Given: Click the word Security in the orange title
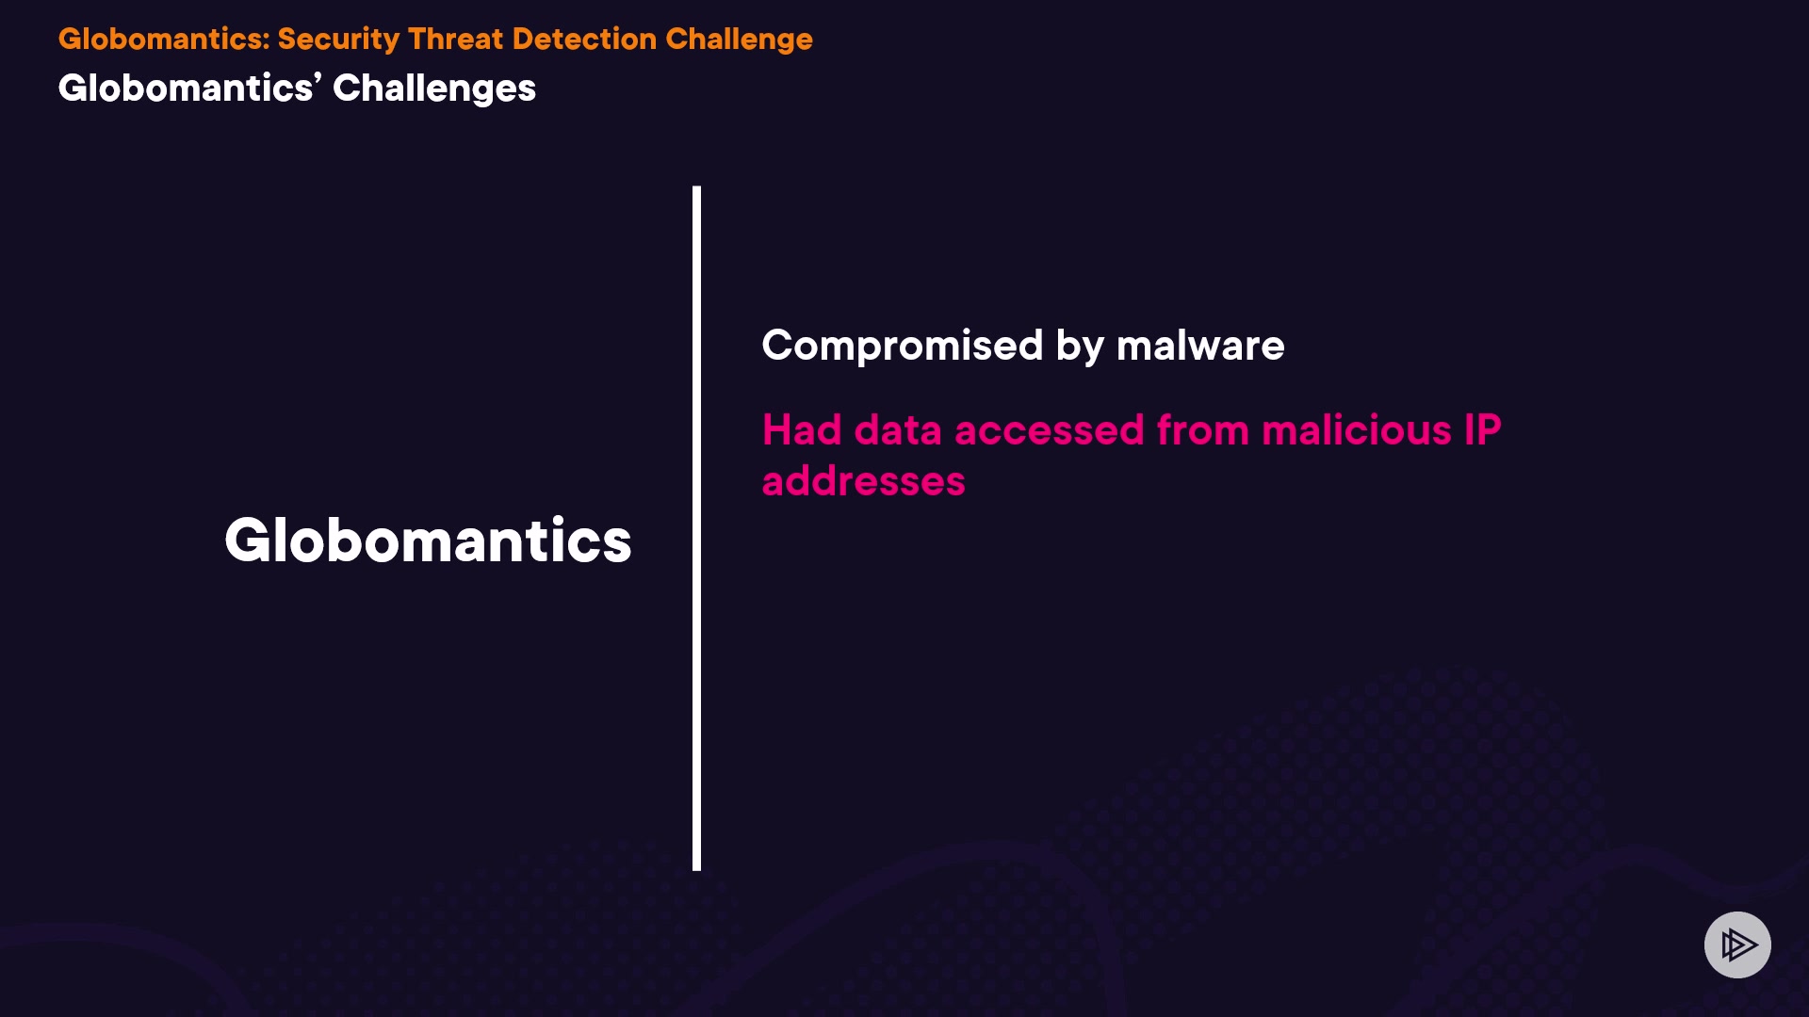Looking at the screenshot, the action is pos(338,40).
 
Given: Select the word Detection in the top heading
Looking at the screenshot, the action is pos(584,39).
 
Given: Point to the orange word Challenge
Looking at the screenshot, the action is pos(739,40).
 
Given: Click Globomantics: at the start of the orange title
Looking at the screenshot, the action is pos(164,39).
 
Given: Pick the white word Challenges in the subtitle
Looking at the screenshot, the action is pos(434,89).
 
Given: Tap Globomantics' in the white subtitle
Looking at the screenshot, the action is pos(190,88).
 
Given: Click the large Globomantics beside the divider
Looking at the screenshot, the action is pos(428,541).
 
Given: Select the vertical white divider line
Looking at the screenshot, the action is pos(697,528).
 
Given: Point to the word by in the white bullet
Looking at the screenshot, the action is pos(1080,347).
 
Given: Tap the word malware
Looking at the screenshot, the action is pos(1200,346).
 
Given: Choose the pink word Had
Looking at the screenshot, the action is pos(802,430).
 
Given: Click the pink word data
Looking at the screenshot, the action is pos(898,430).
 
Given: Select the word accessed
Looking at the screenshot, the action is pos(1050,430).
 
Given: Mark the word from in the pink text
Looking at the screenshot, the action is pos(1203,430).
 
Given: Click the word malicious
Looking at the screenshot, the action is pos(1357,430).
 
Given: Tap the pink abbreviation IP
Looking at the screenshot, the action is pos(1482,430).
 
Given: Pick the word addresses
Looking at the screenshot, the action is pos(864,481).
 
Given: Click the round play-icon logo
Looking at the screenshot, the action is pos(1737,944).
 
